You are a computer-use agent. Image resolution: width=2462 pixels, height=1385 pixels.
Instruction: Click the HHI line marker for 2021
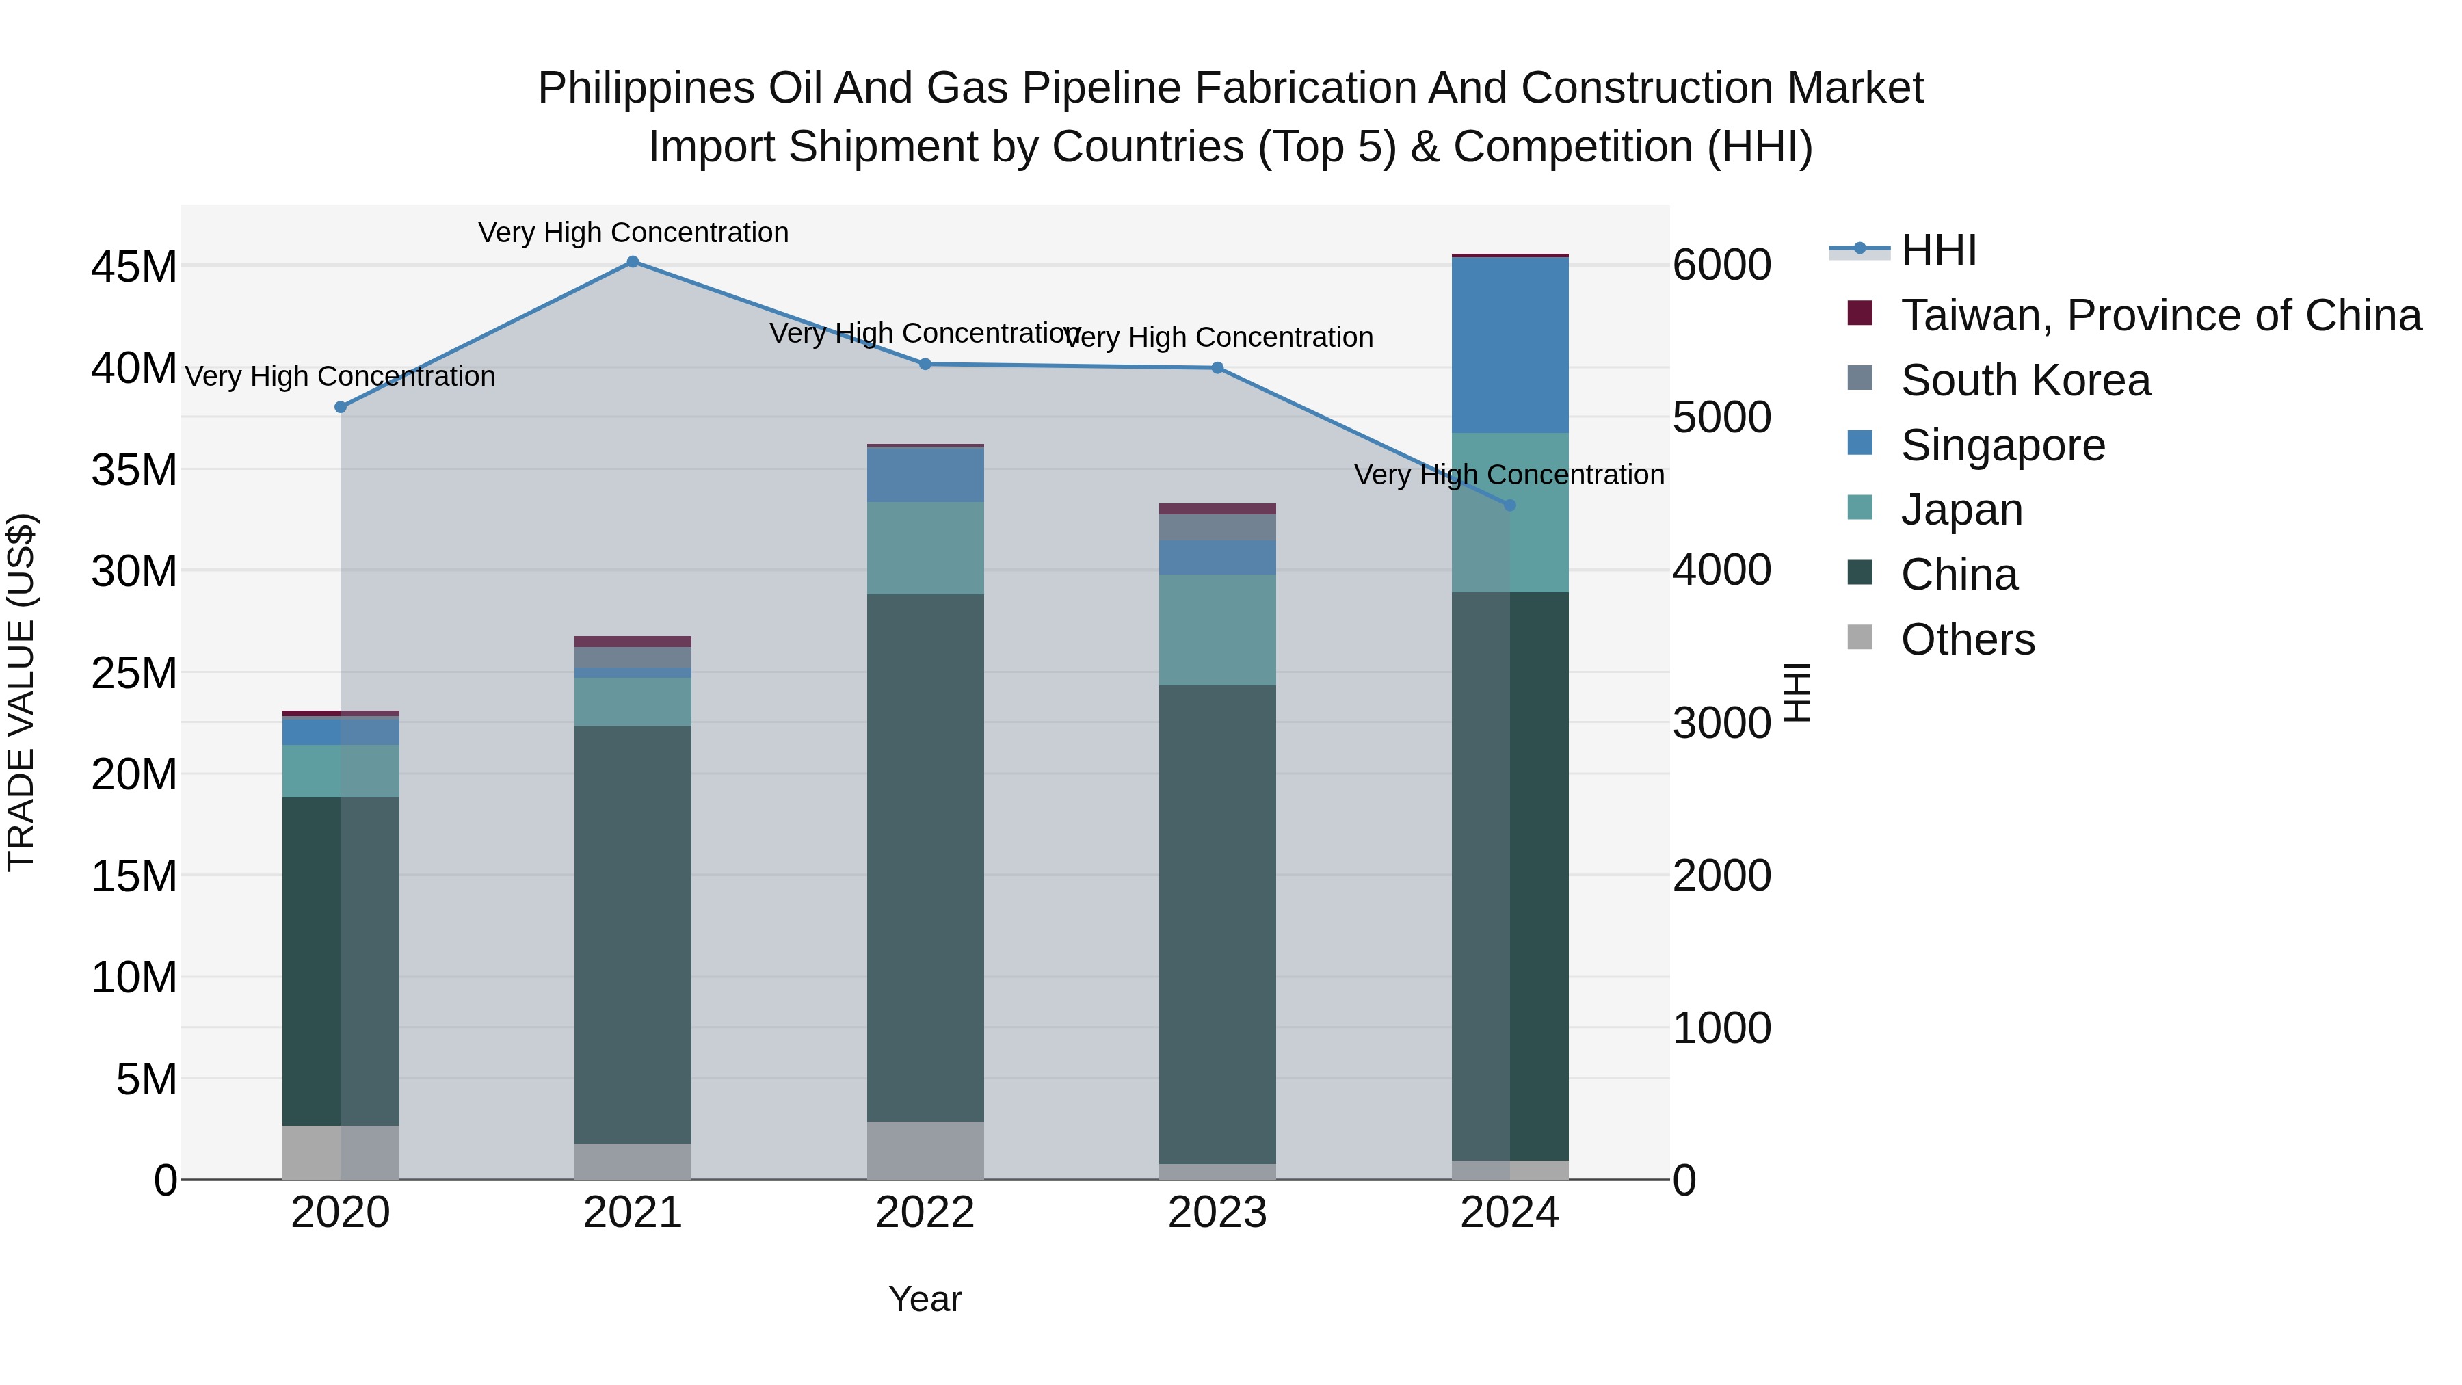point(633,262)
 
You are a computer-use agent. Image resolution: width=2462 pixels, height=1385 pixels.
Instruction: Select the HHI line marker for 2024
point(1510,505)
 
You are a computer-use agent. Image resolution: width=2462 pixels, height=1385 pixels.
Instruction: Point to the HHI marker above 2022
point(925,364)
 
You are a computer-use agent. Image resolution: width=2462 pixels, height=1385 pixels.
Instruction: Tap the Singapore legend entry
point(2002,445)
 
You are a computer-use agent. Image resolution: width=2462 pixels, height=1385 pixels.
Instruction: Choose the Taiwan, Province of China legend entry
point(2160,315)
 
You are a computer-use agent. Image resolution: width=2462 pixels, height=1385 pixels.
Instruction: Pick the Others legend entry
point(1968,639)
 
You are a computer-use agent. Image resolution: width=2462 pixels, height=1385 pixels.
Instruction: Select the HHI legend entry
point(1938,250)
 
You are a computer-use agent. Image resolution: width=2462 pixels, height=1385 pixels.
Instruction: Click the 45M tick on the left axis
point(134,267)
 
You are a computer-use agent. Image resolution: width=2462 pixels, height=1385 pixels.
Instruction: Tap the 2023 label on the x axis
point(1217,1213)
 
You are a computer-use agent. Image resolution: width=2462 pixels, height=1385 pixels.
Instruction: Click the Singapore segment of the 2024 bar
point(1510,345)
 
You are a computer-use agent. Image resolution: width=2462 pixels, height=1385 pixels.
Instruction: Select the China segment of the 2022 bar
point(925,858)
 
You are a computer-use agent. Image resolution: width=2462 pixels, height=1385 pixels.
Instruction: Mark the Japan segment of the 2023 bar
point(1217,630)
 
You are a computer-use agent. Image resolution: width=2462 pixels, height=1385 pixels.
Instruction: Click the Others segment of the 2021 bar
point(633,1161)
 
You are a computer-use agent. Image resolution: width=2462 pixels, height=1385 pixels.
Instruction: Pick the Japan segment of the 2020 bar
point(341,771)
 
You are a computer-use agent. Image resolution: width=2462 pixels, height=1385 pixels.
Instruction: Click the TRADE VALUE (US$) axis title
point(21,693)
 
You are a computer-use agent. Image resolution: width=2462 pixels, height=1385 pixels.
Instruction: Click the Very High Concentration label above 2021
point(633,233)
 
